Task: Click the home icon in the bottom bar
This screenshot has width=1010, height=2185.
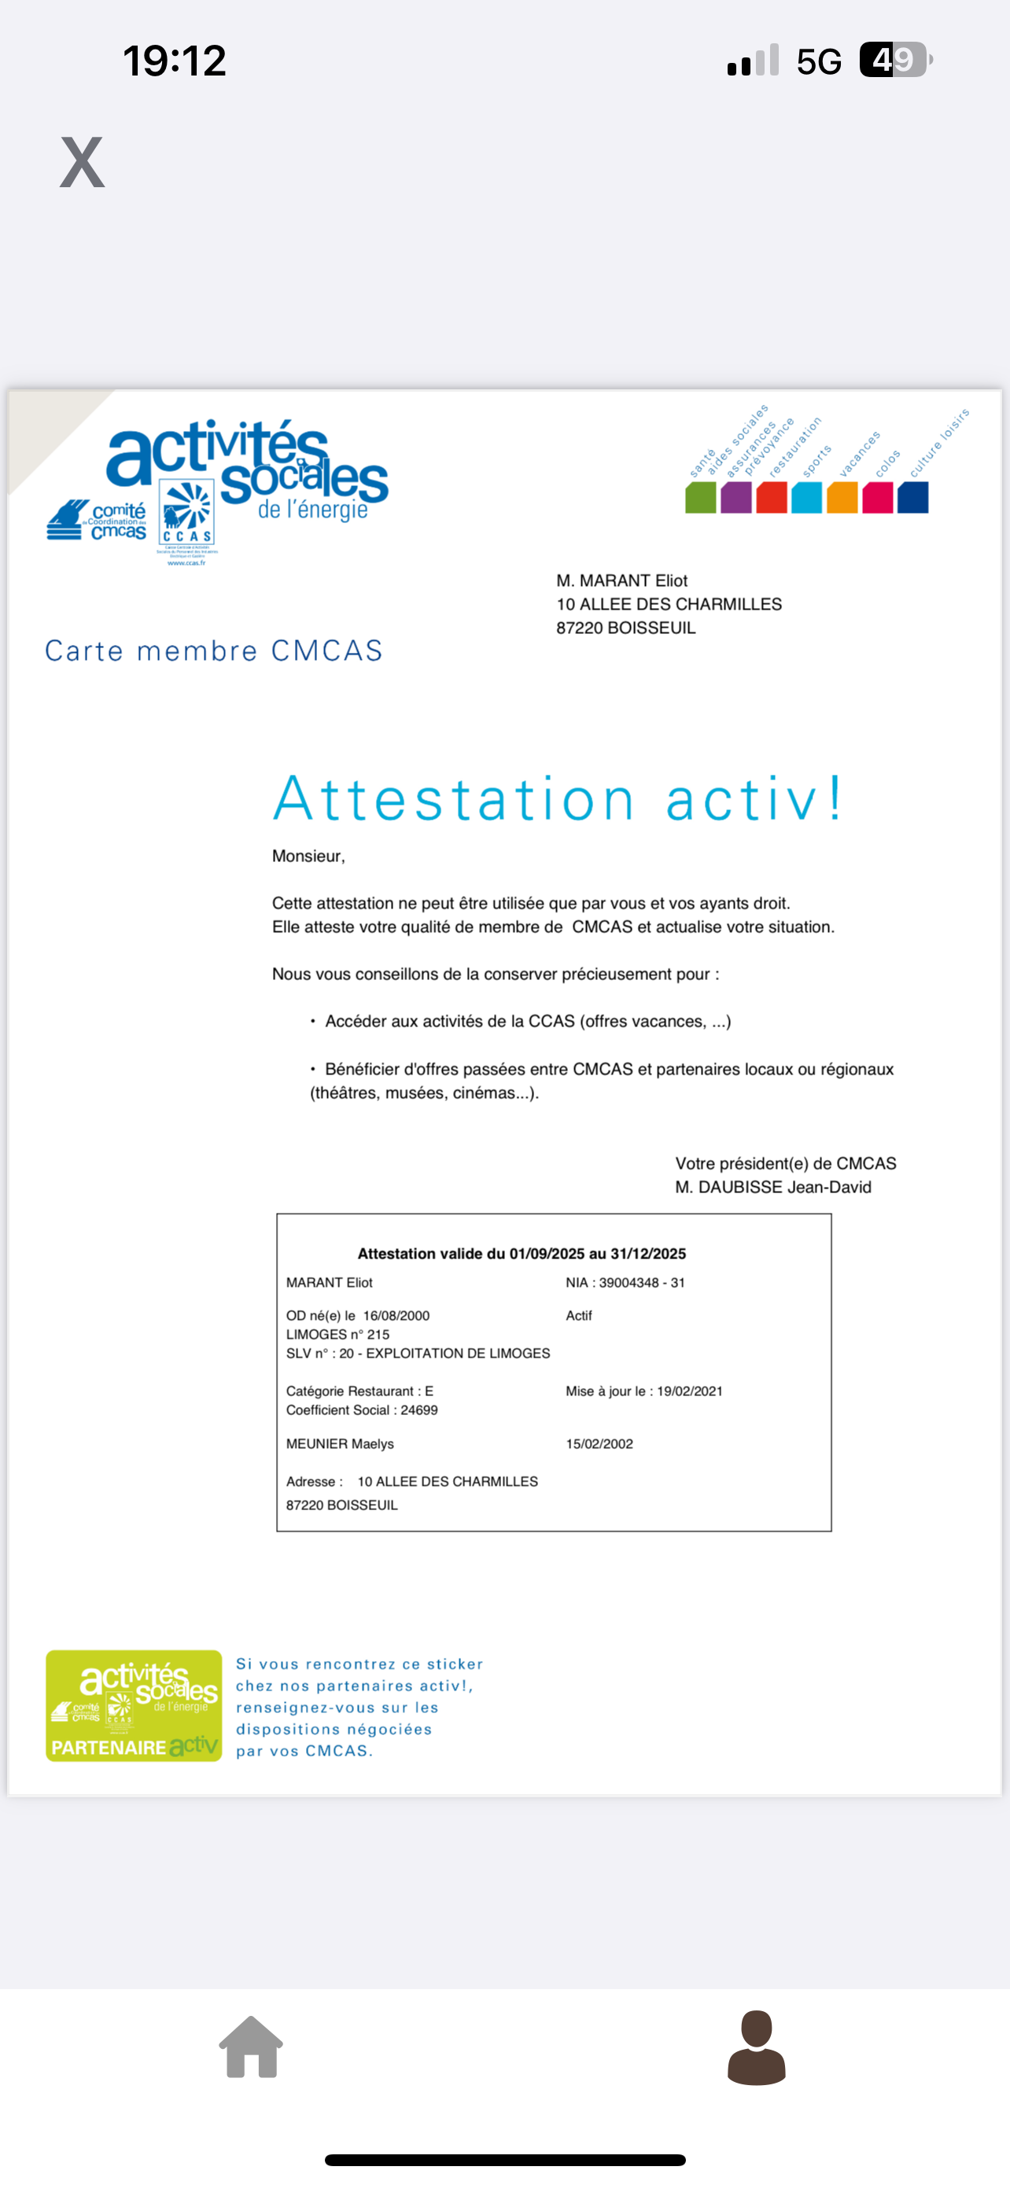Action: pyautogui.click(x=251, y=2047)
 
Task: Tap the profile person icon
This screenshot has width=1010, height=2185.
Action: pyautogui.click(x=757, y=2047)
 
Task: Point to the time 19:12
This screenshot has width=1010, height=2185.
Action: pyautogui.click(x=175, y=61)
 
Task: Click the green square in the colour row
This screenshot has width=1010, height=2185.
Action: pyautogui.click(x=700, y=497)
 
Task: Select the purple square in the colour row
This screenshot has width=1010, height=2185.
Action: pyautogui.click(x=736, y=497)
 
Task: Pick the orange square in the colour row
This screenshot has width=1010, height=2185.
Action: pyautogui.click(x=842, y=497)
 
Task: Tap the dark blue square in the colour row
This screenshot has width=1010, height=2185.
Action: pyautogui.click(x=912, y=497)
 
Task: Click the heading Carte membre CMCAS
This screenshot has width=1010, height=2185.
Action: pyautogui.click(x=214, y=650)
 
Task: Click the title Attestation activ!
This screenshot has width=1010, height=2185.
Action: pyautogui.click(x=558, y=799)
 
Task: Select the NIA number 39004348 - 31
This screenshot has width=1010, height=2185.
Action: pyautogui.click(x=642, y=1283)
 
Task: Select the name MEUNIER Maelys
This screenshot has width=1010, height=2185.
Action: pyautogui.click(x=340, y=1443)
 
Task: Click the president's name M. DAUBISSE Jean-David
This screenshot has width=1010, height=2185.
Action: pyautogui.click(x=772, y=1188)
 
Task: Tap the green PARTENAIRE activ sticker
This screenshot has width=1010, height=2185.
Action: pyautogui.click(x=134, y=1706)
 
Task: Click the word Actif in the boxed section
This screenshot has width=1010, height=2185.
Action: pyautogui.click(x=579, y=1316)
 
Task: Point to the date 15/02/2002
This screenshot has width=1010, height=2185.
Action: pyautogui.click(x=599, y=1443)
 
